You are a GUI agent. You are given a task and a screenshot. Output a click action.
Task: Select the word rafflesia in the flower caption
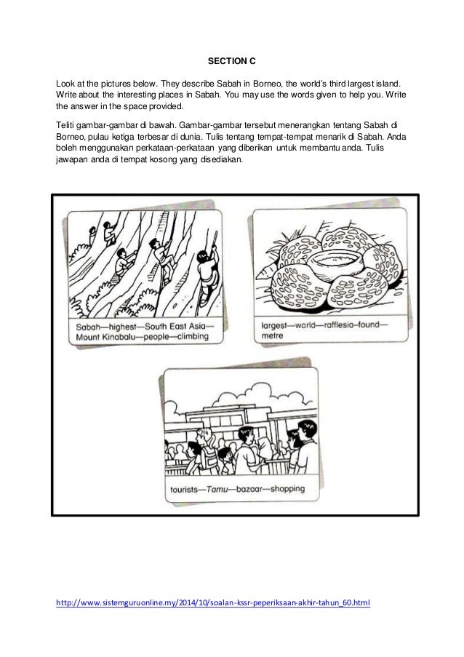pos(337,327)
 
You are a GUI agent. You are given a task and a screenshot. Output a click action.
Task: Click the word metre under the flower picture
pos(271,338)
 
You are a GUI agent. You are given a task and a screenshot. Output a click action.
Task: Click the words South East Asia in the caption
pos(175,327)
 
